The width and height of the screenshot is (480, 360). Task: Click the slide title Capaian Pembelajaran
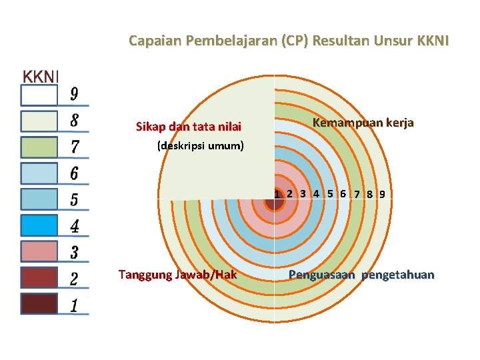(x=289, y=41)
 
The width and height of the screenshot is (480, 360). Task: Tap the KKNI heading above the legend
(x=41, y=77)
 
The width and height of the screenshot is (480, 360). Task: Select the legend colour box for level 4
(x=39, y=225)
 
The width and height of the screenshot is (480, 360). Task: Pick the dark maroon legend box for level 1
(x=39, y=303)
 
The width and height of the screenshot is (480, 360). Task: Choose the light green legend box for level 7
(x=39, y=147)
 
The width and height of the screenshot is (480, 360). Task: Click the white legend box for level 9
(x=39, y=95)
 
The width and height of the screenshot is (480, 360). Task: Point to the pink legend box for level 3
(x=39, y=251)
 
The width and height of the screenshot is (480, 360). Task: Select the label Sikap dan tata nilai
(x=189, y=127)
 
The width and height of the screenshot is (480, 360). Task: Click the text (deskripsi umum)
(x=201, y=145)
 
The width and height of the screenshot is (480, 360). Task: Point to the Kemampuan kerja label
(x=363, y=123)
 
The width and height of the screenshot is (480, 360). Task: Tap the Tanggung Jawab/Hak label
(x=177, y=274)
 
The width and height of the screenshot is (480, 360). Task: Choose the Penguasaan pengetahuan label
(x=361, y=275)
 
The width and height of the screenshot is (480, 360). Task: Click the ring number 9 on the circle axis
(x=382, y=195)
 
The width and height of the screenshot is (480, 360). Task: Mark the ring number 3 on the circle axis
(x=303, y=194)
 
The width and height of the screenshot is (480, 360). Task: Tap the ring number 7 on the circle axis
(x=358, y=195)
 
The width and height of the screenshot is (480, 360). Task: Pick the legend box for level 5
(x=39, y=199)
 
